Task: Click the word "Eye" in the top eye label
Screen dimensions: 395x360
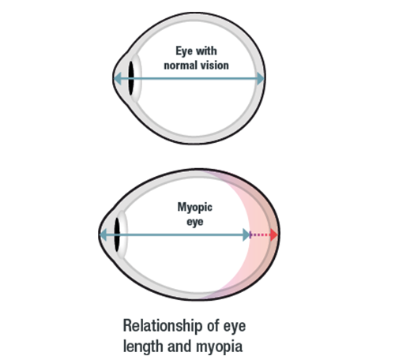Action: pyautogui.click(x=184, y=51)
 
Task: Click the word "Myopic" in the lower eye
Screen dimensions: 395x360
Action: pyautogui.click(x=195, y=208)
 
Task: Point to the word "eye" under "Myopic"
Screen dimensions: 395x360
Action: pyautogui.click(x=195, y=222)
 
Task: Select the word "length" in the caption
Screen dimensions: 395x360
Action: pyautogui.click(x=143, y=346)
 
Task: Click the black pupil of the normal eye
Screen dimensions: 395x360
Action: pyautogui.click(x=131, y=78)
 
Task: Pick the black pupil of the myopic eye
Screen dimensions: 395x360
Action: pyautogui.click(x=117, y=234)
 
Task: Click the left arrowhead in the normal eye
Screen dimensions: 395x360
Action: pyautogui.click(x=118, y=78)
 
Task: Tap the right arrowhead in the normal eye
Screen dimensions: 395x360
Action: pyautogui.click(x=260, y=78)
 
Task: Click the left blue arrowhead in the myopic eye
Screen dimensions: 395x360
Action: pyautogui.click(x=103, y=234)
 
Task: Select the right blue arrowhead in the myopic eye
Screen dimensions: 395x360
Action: pyautogui.click(x=246, y=234)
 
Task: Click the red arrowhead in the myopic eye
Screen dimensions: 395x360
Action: pyautogui.click(x=274, y=234)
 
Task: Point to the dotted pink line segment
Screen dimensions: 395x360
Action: pyautogui.click(x=260, y=234)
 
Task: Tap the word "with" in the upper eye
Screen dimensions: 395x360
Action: pyautogui.click(x=206, y=51)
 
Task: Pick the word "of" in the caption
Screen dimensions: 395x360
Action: pyautogui.click(x=213, y=326)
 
